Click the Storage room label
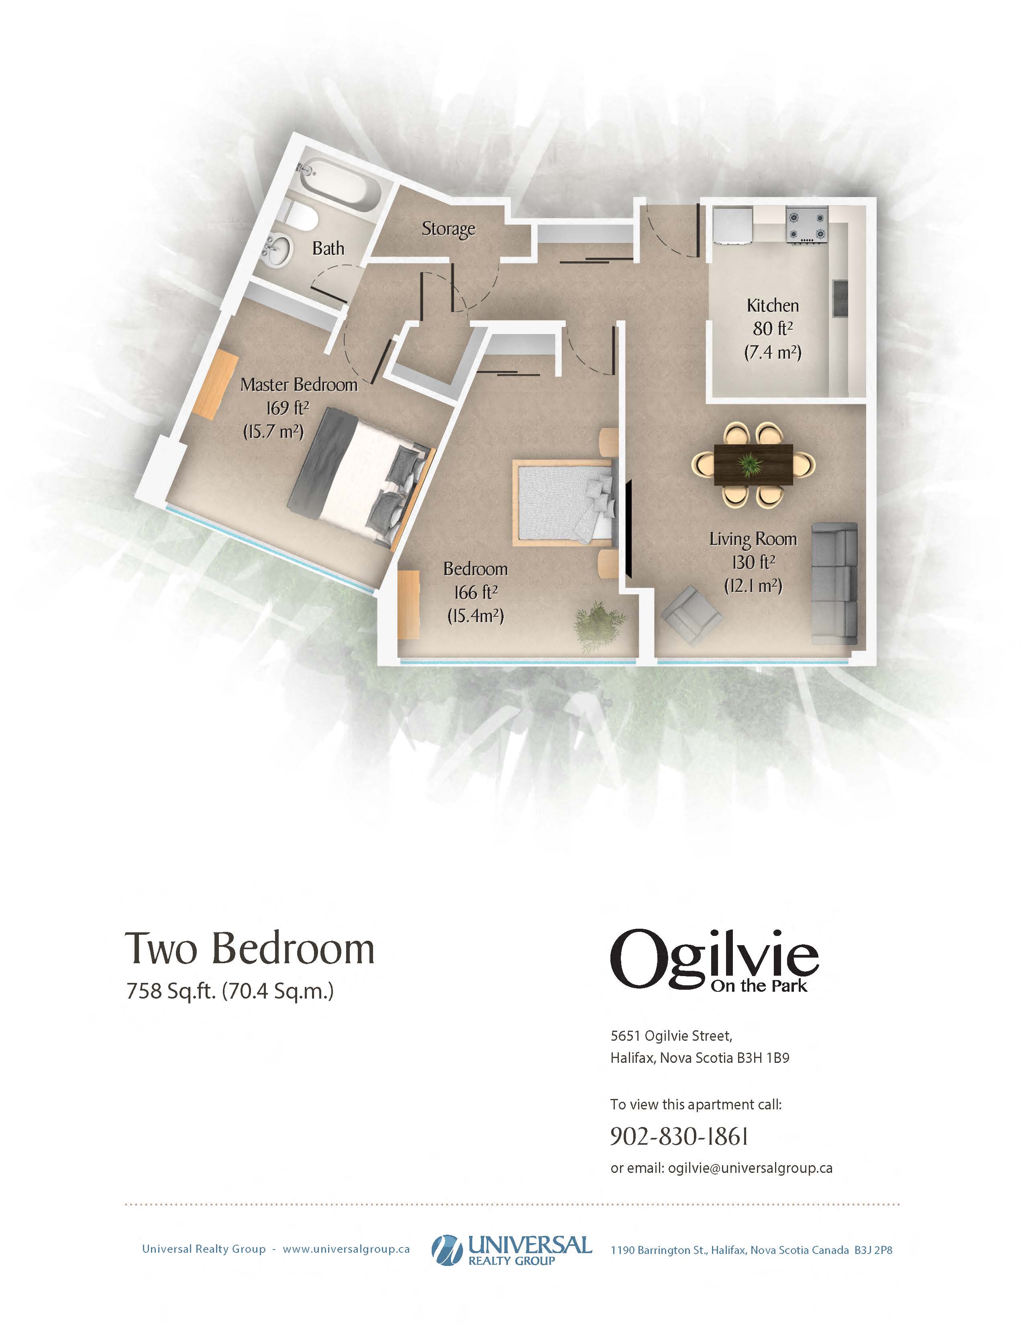tap(448, 229)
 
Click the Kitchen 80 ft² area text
tap(773, 329)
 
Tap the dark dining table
tap(753, 465)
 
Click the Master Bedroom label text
tap(299, 385)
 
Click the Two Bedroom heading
tap(249, 950)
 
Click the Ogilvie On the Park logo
tap(714, 960)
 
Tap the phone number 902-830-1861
tap(679, 1136)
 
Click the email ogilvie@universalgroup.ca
tap(750, 1168)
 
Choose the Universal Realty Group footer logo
tap(511, 1250)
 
